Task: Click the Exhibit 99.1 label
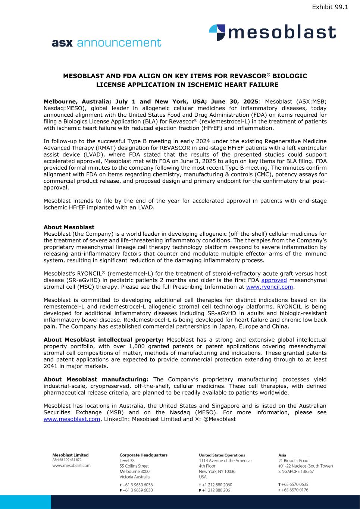point(330,7)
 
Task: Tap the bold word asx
point(62,43)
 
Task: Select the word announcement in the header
point(119,43)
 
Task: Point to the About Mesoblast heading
point(69,227)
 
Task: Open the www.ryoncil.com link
point(269,287)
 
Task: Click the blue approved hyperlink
point(274,280)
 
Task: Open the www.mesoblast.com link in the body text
point(72,419)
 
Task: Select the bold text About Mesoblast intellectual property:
point(104,340)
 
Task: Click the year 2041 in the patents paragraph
point(51,366)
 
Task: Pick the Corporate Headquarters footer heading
point(143,455)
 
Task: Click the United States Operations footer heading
point(222,455)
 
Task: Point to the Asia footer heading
point(282,455)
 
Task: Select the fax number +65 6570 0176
point(295,490)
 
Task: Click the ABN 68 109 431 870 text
point(67,460)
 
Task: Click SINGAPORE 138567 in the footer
point(296,471)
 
